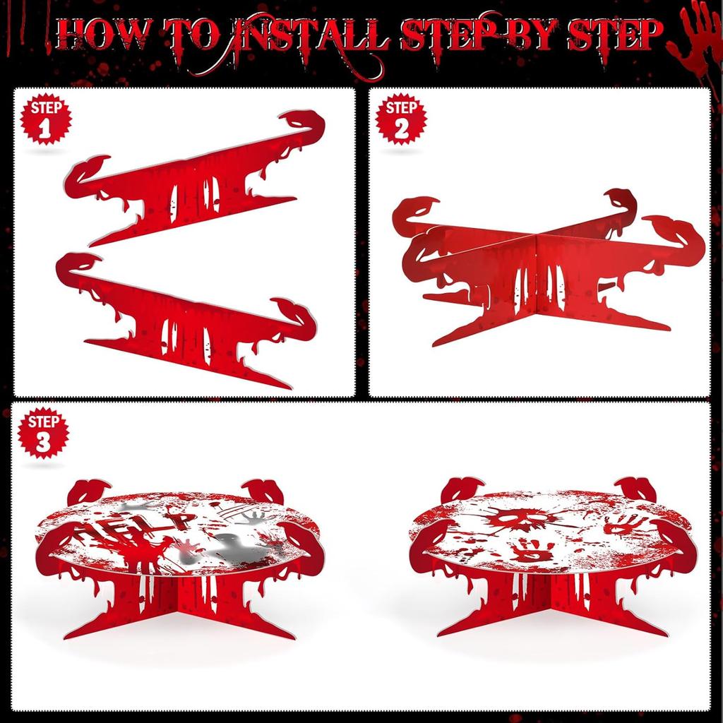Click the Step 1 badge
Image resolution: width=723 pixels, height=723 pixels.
click(46, 119)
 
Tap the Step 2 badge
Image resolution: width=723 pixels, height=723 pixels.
click(401, 119)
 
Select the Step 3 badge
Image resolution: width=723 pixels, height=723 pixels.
click(43, 433)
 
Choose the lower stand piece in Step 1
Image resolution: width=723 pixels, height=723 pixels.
click(184, 318)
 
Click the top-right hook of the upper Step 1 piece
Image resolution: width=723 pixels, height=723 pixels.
click(304, 121)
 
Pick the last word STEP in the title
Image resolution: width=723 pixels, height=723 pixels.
click(616, 35)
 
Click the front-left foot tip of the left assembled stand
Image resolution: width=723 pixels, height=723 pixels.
click(66, 637)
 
